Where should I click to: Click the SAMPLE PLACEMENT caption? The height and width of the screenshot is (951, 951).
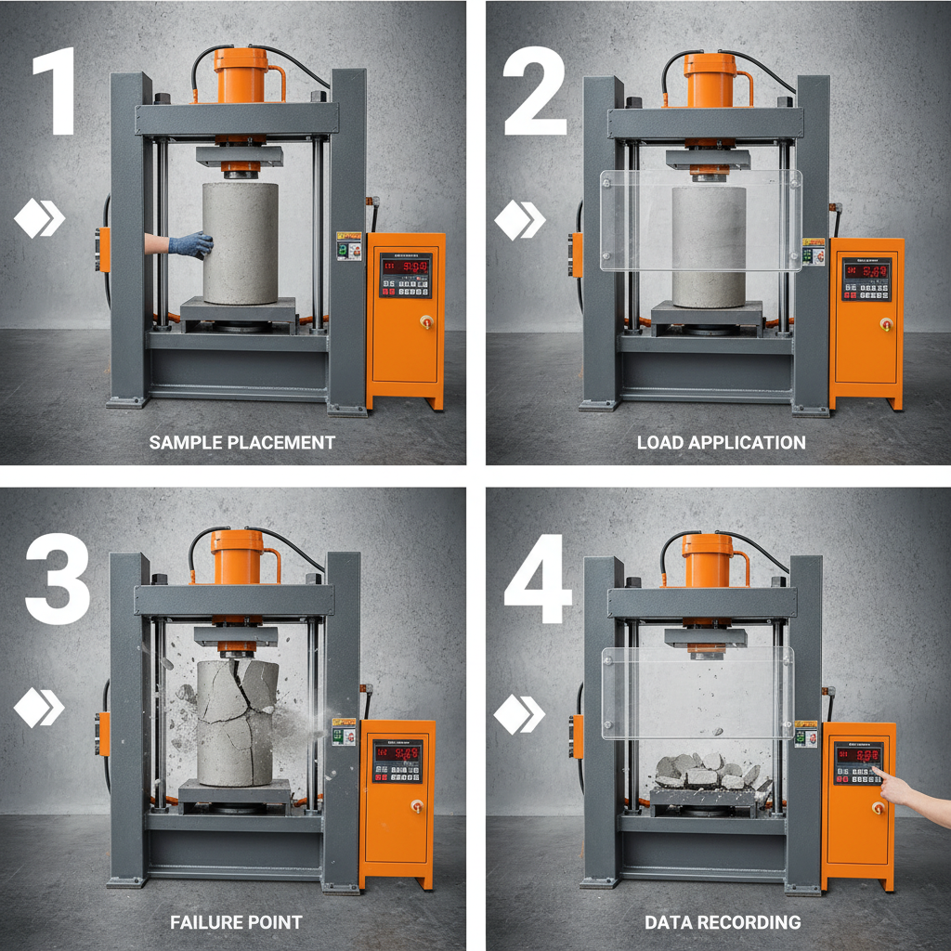coord(242,443)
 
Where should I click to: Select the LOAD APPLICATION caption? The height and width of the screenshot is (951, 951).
coord(721,443)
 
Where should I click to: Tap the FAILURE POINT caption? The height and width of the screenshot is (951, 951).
coord(236,922)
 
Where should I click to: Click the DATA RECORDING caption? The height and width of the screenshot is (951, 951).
coord(723,922)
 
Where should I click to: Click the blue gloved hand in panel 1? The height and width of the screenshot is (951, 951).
coord(191,244)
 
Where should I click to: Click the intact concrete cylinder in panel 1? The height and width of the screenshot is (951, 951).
coord(241,243)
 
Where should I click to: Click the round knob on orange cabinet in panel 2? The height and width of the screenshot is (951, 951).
coord(885,324)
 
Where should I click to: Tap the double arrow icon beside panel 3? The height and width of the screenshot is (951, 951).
coord(39,709)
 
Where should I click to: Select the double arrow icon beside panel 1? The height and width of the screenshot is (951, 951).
coord(39,220)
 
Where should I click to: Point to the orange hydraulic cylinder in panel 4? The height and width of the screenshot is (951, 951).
coord(708,561)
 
